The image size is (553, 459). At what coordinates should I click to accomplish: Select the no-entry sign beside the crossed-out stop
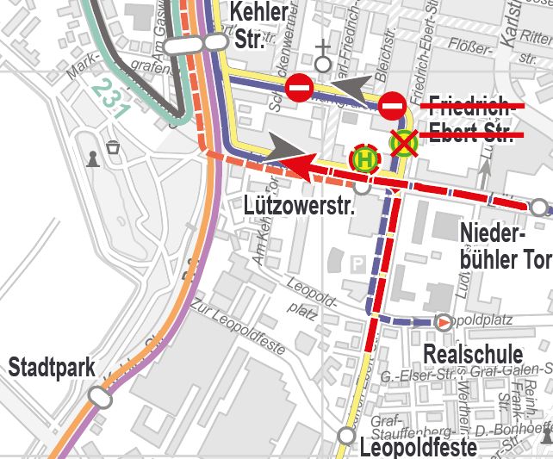coord(392,106)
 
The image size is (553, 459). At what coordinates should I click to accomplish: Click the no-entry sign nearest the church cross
coord(300,87)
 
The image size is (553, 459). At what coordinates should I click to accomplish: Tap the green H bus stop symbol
coord(363,158)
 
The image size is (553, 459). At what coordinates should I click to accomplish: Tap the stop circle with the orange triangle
coord(444,322)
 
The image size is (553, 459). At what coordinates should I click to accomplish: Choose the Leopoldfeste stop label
coord(418,447)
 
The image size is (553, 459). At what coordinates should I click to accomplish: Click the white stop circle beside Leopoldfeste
coord(346,436)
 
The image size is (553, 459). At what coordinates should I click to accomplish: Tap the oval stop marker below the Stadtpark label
coord(100,399)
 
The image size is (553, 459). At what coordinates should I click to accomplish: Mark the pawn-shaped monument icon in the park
coord(91,158)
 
